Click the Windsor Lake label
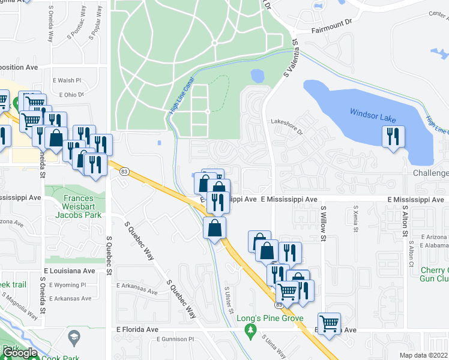coord(372,114)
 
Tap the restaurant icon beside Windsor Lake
coord(393,137)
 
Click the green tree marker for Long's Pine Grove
coord(251,329)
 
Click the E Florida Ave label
coord(137,329)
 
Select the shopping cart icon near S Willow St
coord(329,324)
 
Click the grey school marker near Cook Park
coord(74,335)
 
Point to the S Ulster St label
coord(228,296)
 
